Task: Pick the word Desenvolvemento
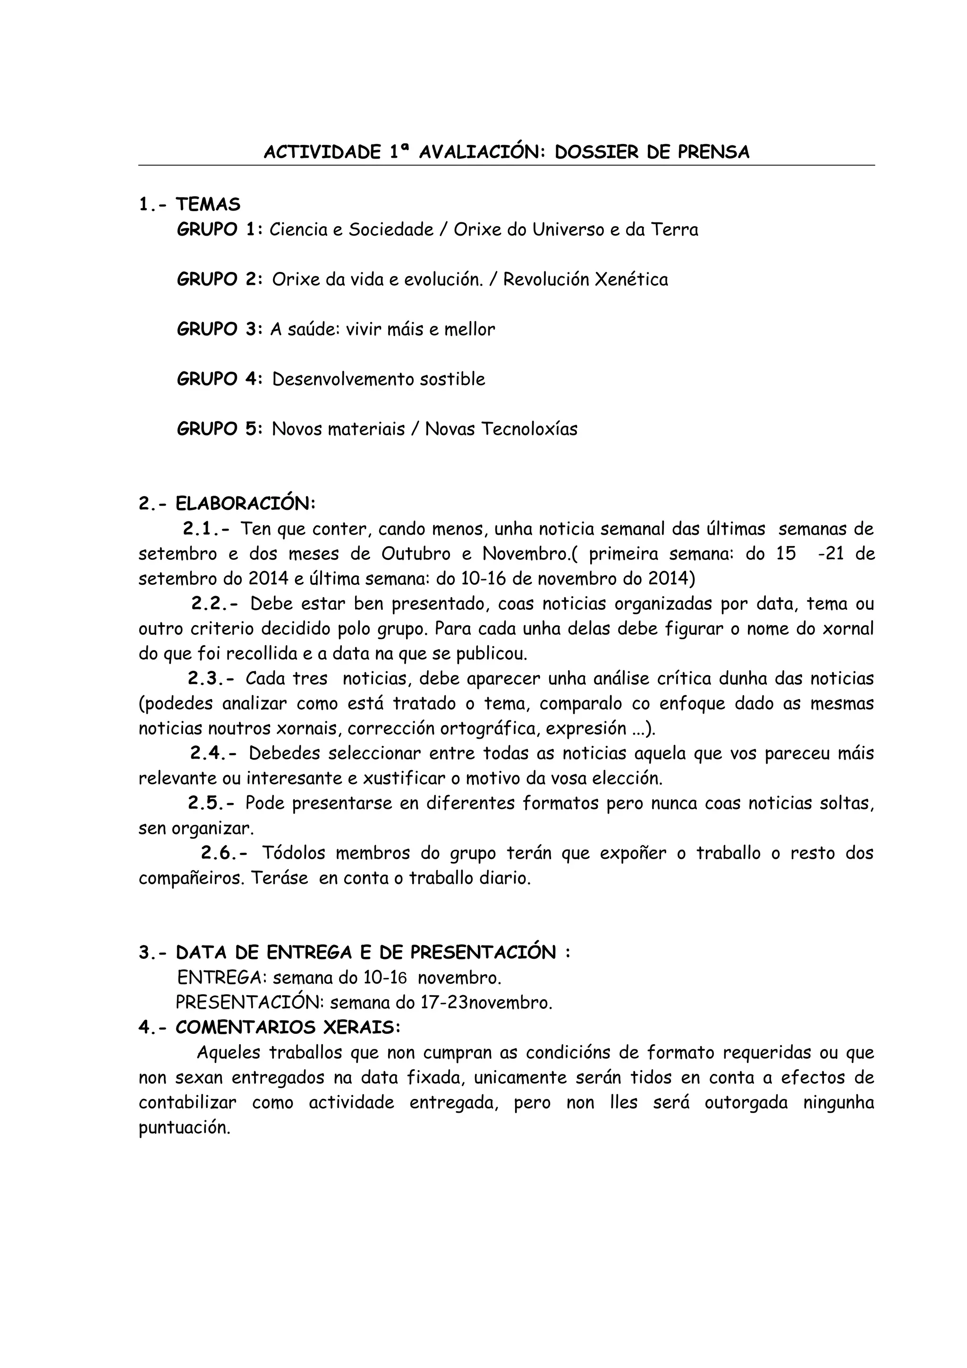(343, 380)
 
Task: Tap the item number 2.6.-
(225, 853)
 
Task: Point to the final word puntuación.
(184, 1129)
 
